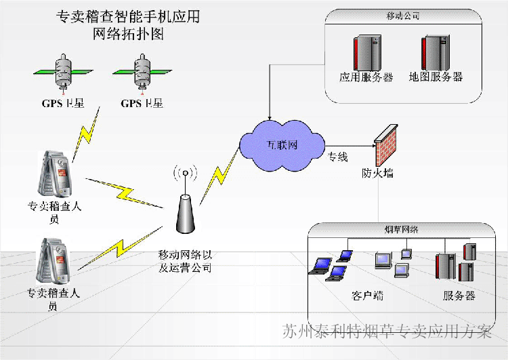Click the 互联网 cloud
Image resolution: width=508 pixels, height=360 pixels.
[x=282, y=145]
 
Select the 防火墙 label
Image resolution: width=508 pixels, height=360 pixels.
[x=377, y=173]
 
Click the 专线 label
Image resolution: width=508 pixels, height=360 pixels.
[x=338, y=157]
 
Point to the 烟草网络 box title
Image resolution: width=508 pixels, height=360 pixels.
[x=402, y=231]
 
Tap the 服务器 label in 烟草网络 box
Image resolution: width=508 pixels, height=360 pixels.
[x=459, y=296]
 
